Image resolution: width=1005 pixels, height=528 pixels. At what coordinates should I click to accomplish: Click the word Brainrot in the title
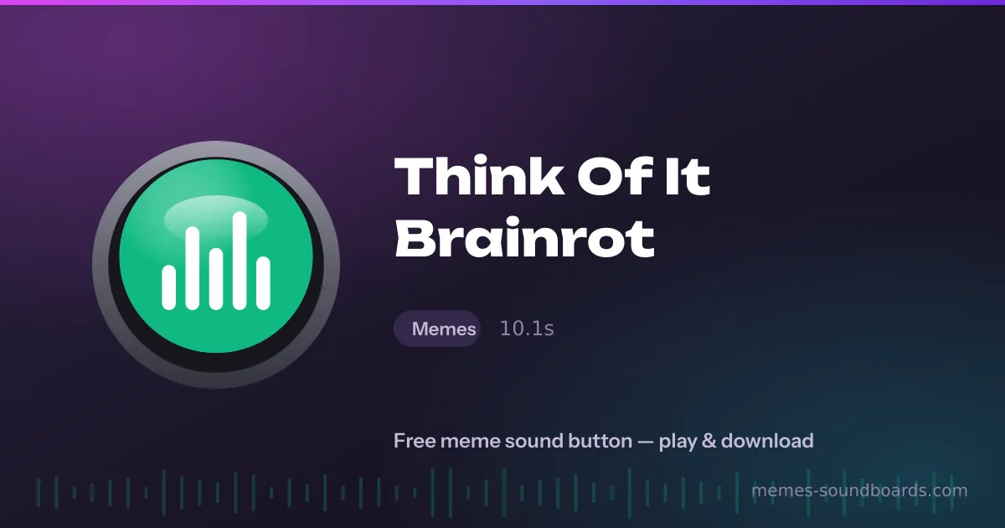[x=524, y=237]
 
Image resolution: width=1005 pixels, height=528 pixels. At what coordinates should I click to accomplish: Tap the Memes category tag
[x=437, y=329]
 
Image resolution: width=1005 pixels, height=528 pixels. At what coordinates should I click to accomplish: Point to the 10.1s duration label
[x=527, y=329]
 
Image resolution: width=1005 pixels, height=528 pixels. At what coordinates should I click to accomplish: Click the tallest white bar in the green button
[x=240, y=261]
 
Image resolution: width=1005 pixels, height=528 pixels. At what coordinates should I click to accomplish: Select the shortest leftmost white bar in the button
[x=168, y=287]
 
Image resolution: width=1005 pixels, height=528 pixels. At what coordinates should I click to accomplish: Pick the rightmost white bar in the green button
[x=263, y=283]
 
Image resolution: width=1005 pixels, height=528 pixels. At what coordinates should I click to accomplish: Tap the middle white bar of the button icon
[x=216, y=279]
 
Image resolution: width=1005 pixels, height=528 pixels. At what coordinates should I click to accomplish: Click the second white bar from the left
[x=193, y=268]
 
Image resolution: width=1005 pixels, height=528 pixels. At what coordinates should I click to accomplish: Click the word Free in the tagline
[x=415, y=441]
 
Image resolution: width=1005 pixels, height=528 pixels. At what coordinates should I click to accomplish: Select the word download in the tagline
[x=767, y=441]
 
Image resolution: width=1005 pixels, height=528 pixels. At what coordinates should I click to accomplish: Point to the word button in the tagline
[x=600, y=441]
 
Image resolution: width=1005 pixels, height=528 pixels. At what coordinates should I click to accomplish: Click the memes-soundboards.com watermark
[x=859, y=490]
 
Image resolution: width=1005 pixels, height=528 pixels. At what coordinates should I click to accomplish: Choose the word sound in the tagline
[x=534, y=441]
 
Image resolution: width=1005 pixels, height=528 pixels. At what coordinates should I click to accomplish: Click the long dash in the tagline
[x=646, y=442]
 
